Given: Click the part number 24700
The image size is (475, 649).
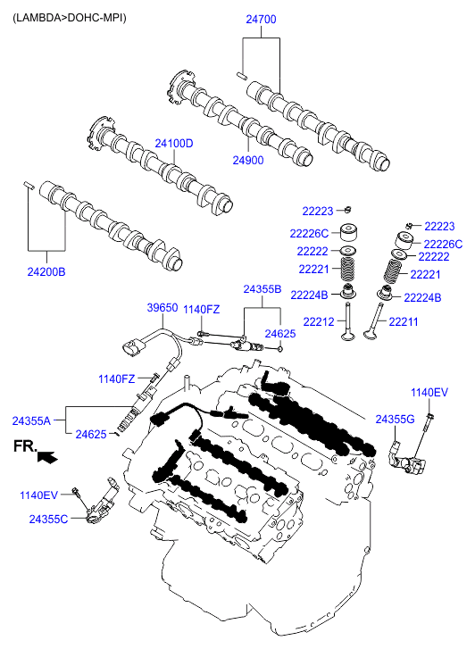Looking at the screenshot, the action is (x=261, y=20).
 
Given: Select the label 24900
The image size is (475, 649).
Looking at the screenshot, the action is (x=248, y=160).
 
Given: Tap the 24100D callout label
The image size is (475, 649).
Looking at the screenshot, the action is (x=174, y=144).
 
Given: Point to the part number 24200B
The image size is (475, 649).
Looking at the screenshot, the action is (x=46, y=272).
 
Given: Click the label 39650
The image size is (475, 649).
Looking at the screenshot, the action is (x=162, y=307).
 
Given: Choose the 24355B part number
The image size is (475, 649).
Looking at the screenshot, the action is (x=262, y=289).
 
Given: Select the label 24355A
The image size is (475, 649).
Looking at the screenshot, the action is (x=31, y=421).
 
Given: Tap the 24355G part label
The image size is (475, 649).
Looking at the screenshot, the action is (x=395, y=420).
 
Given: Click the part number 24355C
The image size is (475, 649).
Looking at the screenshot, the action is (x=48, y=519).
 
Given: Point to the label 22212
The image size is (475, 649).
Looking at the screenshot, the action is (x=319, y=321).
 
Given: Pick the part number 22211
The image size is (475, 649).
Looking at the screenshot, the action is (x=404, y=321).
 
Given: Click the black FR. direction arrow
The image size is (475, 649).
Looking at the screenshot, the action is (x=47, y=457).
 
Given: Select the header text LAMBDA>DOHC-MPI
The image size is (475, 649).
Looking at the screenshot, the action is (x=70, y=18).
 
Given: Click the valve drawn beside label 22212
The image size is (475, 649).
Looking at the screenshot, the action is (x=348, y=327).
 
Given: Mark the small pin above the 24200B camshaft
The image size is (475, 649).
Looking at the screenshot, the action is (x=29, y=184).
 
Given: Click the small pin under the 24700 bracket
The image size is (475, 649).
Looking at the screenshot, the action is (x=242, y=75).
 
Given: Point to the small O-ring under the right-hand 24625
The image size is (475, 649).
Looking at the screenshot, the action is (x=280, y=349).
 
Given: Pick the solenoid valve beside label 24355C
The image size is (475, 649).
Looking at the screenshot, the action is (x=102, y=501).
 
